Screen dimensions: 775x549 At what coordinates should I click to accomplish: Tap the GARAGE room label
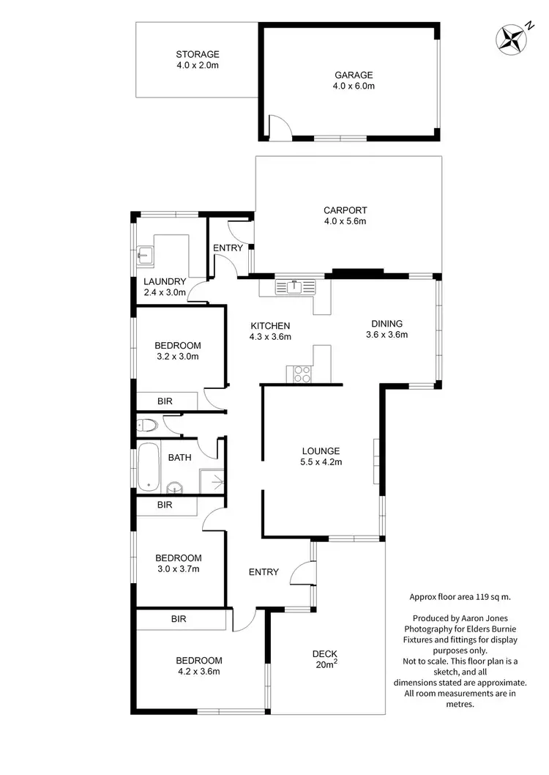point(354,80)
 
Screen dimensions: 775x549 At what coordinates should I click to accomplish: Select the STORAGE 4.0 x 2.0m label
point(197,59)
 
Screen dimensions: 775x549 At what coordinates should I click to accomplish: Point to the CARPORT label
point(344,215)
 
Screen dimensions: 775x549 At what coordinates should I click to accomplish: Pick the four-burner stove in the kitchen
point(302,374)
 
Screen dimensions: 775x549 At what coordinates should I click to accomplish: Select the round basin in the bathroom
point(175,486)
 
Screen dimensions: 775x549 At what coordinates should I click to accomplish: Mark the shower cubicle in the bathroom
point(212,481)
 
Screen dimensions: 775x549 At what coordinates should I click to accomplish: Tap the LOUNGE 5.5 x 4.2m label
point(321,456)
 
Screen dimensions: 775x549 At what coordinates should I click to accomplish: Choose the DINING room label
point(386,329)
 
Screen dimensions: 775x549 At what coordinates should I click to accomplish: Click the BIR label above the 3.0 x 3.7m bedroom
point(165,505)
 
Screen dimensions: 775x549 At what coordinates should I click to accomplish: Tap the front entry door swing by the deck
point(302,573)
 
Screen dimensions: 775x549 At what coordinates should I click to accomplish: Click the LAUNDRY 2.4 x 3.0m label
point(165,286)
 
